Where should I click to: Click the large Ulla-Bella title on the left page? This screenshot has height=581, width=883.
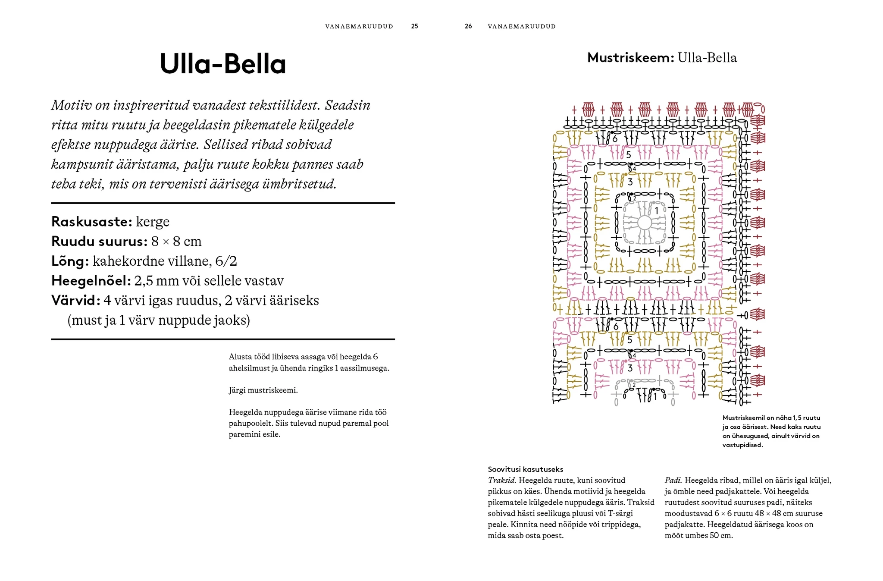(x=222, y=64)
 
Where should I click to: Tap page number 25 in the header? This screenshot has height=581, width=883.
(x=414, y=26)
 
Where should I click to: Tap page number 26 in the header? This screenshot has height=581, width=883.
(x=468, y=26)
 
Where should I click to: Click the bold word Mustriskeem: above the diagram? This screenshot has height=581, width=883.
(x=630, y=58)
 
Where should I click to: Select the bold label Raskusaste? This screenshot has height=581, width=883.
(x=91, y=222)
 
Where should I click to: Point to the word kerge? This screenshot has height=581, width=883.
(x=153, y=222)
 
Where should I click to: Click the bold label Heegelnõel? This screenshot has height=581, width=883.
(x=91, y=281)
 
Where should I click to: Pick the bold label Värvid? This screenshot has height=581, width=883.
(x=75, y=301)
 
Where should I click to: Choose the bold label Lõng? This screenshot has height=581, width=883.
(x=70, y=261)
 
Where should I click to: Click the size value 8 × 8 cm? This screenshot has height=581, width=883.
(x=176, y=242)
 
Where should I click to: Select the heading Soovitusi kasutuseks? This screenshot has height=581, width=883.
(x=525, y=469)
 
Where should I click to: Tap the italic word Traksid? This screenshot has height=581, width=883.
(x=502, y=481)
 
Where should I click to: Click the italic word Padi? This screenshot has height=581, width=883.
(x=673, y=481)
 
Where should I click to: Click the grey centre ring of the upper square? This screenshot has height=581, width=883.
(x=644, y=223)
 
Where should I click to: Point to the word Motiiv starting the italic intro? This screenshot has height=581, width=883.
(x=72, y=105)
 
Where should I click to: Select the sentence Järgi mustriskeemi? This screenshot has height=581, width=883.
(x=263, y=390)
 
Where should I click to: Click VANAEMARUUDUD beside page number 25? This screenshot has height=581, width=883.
(x=359, y=26)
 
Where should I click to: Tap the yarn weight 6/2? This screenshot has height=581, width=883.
(x=226, y=261)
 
